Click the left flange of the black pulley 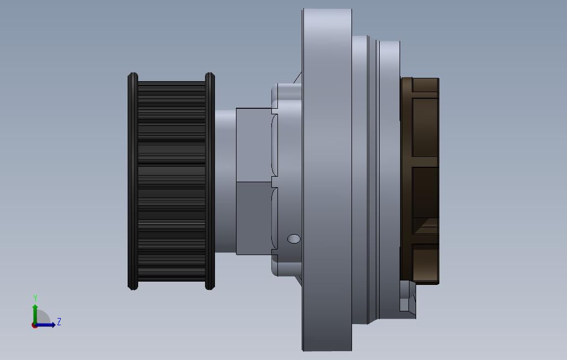pos(133,181)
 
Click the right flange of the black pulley pos(210,181)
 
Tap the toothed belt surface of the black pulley pos(171,181)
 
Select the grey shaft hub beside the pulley pos(225,181)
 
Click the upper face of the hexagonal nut pos(254,145)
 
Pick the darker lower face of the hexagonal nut pos(254,218)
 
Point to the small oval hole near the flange pos(293,239)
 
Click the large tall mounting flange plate pos(327,179)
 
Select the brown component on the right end pos(420,181)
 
